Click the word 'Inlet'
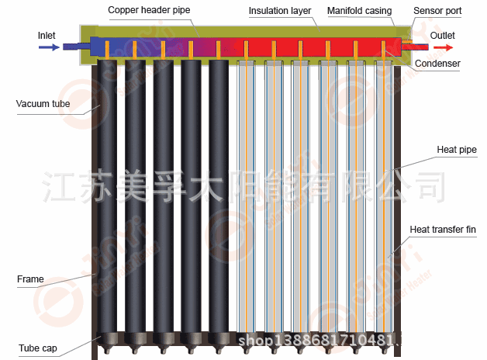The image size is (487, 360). pyautogui.click(x=47, y=35)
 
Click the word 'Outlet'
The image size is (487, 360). pyautogui.click(x=443, y=36)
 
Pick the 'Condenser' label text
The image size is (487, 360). pyautogui.click(x=437, y=64)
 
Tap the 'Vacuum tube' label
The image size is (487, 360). pyautogui.click(x=40, y=102)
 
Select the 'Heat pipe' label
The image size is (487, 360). pyautogui.click(x=457, y=149)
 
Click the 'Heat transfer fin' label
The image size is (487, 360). pyautogui.click(x=442, y=230)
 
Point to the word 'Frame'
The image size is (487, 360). pyautogui.click(x=30, y=279)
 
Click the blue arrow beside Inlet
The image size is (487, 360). pyautogui.click(x=48, y=47)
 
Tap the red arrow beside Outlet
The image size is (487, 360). pyautogui.click(x=443, y=47)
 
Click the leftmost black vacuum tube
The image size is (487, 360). pyautogui.click(x=109, y=194)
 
